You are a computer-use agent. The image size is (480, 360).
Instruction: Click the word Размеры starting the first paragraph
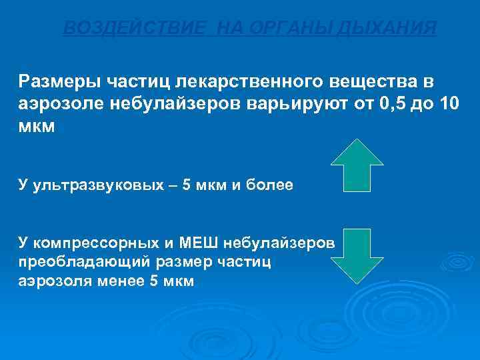tap(59, 81)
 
